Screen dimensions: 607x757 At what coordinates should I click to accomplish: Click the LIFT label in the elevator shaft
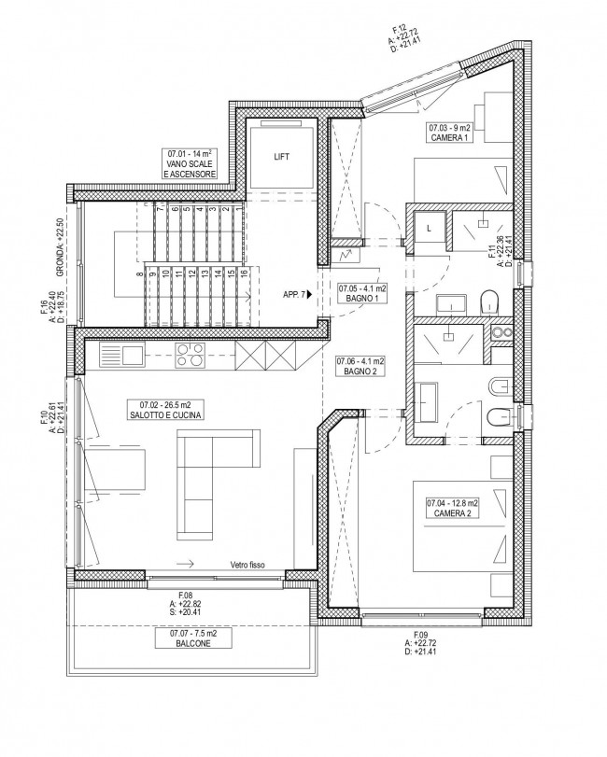click(281, 157)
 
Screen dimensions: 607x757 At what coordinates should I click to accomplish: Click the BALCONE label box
click(193, 638)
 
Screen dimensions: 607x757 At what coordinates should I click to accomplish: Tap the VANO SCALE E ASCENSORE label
click(190, 164)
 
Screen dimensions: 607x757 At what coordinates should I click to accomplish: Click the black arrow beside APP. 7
click(309, 293)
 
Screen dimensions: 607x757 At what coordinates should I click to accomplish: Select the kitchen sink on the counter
click(121, 354)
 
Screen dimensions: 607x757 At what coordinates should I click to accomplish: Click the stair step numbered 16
click(245, 296)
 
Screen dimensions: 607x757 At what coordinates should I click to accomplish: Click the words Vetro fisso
click(247, 565)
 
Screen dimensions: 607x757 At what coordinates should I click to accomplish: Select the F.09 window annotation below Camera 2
click(422, 643)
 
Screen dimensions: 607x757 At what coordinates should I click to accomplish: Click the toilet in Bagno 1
click(489, 302)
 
